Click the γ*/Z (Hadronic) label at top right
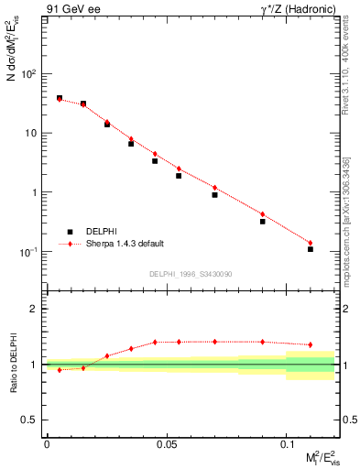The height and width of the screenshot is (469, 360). (297, 10)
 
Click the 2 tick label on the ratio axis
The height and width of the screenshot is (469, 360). (35, 309)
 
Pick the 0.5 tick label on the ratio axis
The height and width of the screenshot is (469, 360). (30, 420)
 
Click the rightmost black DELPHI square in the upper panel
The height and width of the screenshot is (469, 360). (311, 249)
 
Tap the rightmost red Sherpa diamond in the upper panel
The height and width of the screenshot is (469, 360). (311, 243)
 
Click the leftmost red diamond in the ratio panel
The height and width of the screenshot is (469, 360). (60, 370)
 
